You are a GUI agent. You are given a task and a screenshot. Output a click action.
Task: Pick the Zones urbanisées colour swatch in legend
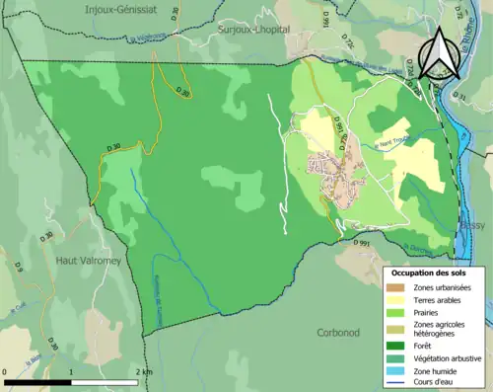394,286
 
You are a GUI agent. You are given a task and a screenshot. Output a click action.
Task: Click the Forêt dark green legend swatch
394,347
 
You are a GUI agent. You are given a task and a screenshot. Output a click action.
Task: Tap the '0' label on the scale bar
6,372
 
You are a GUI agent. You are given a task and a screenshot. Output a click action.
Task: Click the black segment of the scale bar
38,381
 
